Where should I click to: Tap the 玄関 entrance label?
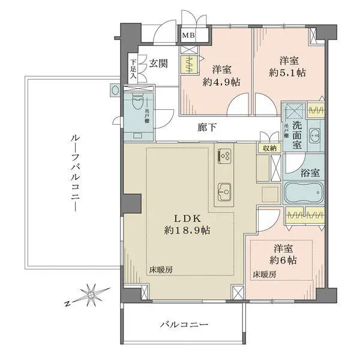click(158, 62)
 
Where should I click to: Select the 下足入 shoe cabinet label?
click(133, 70)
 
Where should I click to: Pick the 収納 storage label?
click(268, 148)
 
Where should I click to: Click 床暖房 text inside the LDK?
click(161, 271)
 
